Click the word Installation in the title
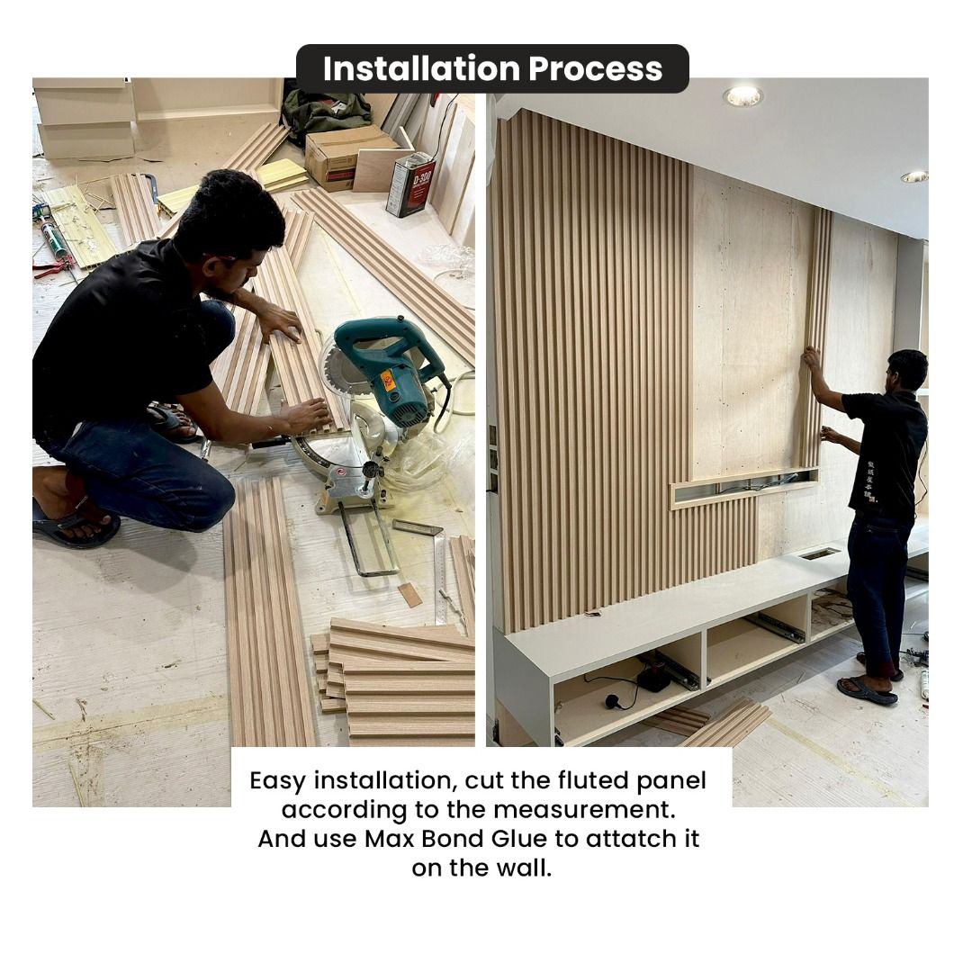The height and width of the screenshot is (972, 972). pos(420,69)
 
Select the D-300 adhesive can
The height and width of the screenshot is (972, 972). pos(410,184)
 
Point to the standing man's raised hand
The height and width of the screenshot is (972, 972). pos(812,358)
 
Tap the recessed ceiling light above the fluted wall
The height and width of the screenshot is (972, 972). pos(742,96)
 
